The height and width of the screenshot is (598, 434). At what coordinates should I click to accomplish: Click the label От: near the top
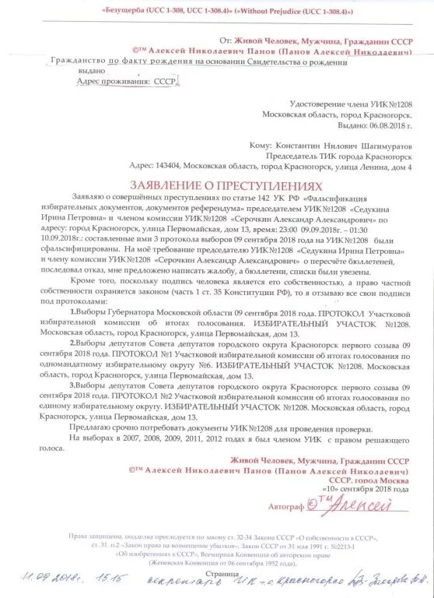[226, 38]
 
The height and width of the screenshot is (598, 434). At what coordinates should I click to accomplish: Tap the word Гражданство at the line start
[77, 61]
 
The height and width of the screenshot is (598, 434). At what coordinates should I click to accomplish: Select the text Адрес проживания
[114, 81]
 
